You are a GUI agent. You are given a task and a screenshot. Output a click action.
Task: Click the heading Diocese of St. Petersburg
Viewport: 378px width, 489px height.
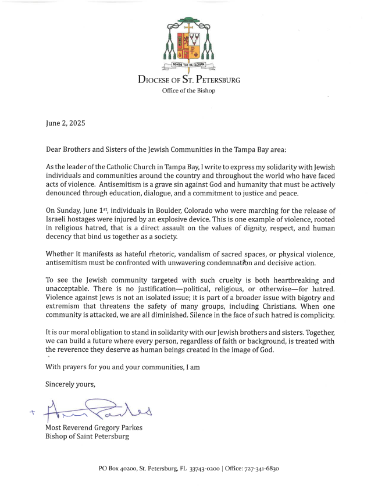point(189,80)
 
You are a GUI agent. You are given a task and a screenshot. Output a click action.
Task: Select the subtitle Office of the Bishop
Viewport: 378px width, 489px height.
point(188,91)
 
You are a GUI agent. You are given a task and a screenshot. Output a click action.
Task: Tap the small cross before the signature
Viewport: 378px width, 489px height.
point(31,413)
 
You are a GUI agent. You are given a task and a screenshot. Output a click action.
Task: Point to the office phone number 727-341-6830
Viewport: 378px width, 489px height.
point(267,468)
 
